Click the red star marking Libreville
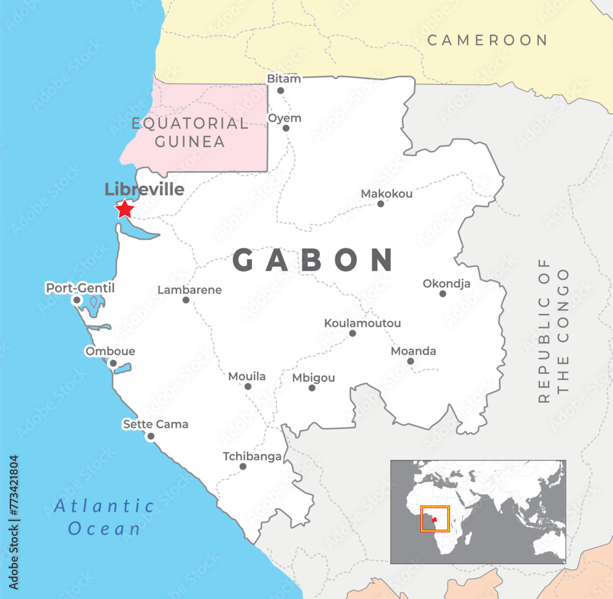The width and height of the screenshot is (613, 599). (125, 209)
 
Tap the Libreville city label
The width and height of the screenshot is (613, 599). (144, 189)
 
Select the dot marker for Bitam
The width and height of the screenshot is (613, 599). (281, 91)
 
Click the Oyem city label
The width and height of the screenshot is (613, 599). (285, 118)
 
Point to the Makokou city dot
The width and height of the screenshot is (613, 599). (381, 204)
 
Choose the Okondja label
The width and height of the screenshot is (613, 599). (447, 283)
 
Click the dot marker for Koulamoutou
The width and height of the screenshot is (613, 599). (352, 334)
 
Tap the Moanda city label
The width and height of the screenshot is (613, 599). (414, 351)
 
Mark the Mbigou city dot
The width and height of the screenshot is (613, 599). (312, 387)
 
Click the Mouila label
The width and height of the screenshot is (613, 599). (247, 376)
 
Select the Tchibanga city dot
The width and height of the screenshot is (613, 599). (243, 467)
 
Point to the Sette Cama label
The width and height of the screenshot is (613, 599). (156, 424)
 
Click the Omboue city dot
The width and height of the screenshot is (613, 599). (113, 363)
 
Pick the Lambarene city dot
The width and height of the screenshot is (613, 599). (186, 300)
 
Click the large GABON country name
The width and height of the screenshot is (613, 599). (313, 260)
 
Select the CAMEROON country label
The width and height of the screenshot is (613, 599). (487, 40)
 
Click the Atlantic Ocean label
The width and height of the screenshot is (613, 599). (105, 517)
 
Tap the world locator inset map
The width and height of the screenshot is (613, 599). (478, 512)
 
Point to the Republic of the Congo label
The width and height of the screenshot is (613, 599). (554, 331)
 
